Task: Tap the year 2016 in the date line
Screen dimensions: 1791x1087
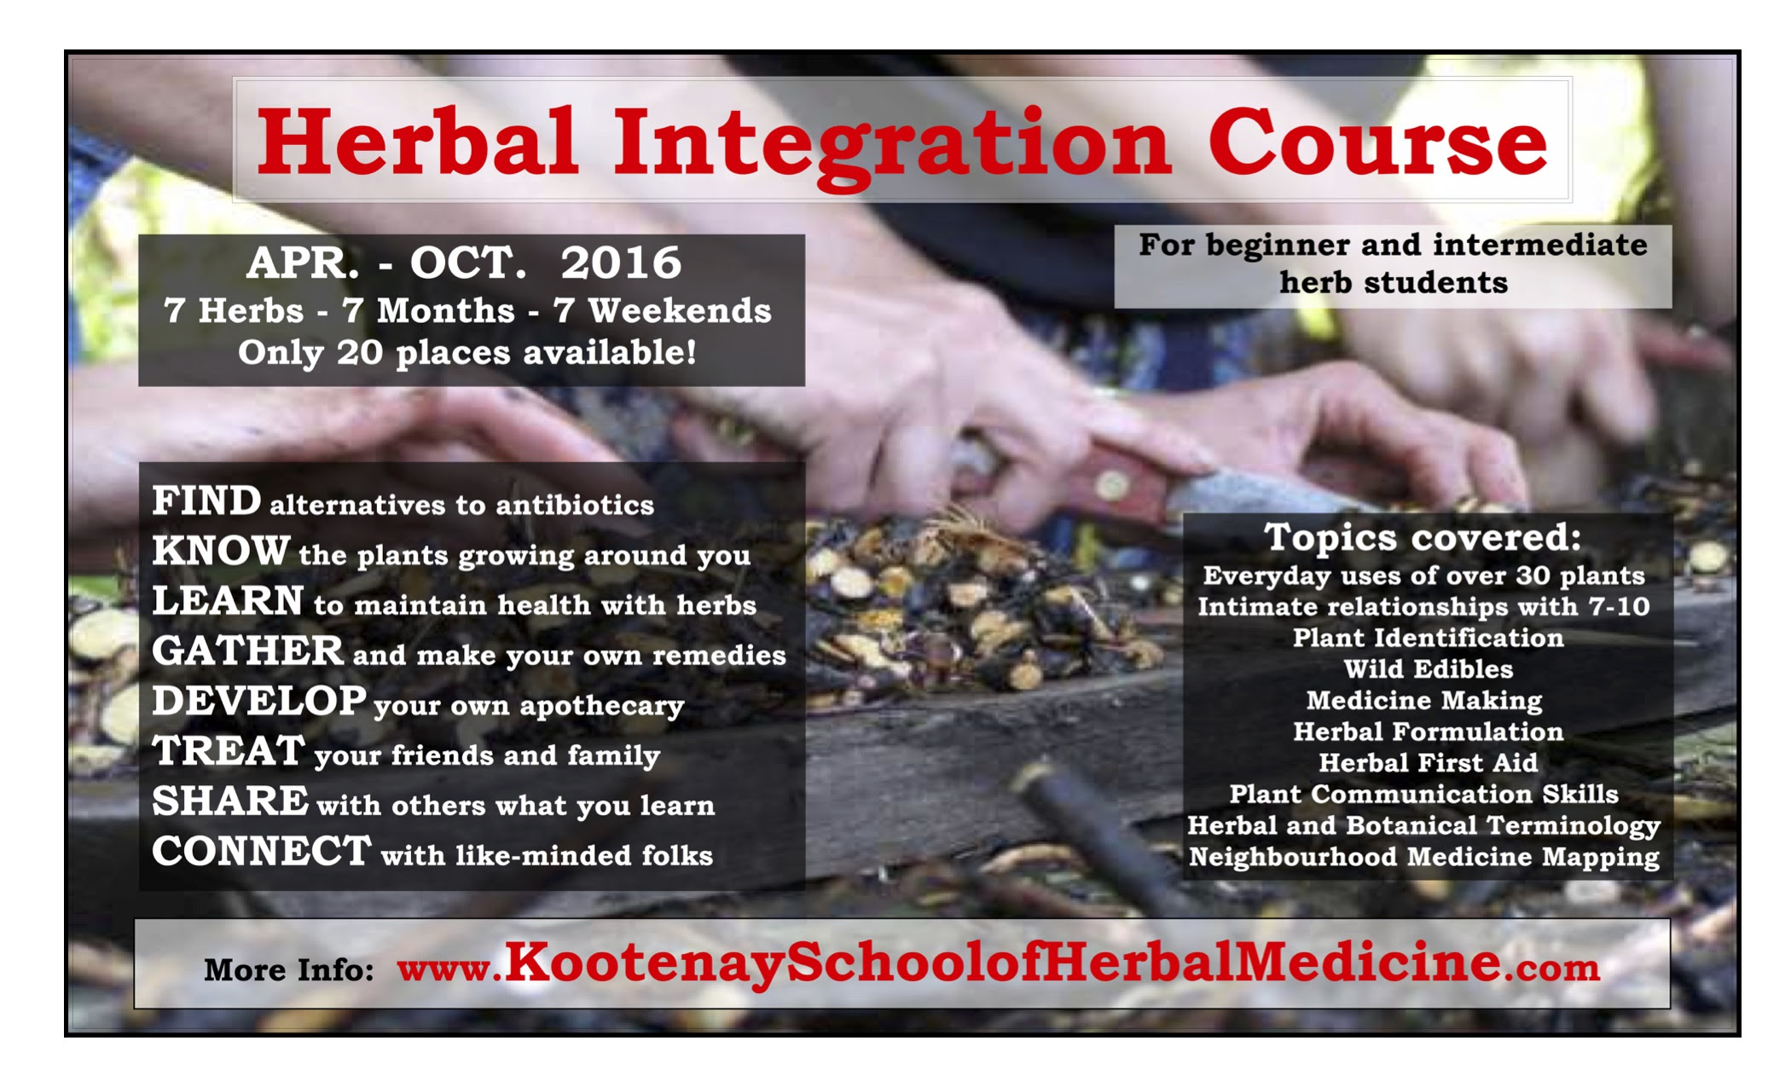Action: pyautogui.click(x=621, y=263)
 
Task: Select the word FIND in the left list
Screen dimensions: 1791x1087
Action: pyautogui.click(x=206, y=500)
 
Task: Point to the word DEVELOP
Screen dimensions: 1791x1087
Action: pyautogui.click(x=259, y=701)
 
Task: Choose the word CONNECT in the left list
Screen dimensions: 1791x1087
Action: pyautogui.click(x=262, y=851)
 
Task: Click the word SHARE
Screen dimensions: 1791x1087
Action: pyautogui.click(x=230, y=801)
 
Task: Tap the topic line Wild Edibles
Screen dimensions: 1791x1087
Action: pyautogui.click(x=1429, y=669)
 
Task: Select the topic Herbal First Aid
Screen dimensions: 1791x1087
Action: pyautogui.click(x=1429, y=763)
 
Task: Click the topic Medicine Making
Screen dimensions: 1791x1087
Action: pyautogui.click(x=1424, y=701)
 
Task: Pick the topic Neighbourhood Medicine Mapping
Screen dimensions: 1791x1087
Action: pyautogui.click(x=1424, y=857)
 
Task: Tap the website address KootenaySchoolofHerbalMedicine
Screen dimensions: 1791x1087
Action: pyautogui.click(x=1003, y=963)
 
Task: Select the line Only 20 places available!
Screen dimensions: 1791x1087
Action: pyautogui.click(x=467, y=352)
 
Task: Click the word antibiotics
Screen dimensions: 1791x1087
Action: pyautogui.click(x=575, y=505)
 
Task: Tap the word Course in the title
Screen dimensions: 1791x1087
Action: pyautogui.click(x=1377, y=143)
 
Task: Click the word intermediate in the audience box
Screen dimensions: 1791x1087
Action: pyautogui.click(x=1540, y=246)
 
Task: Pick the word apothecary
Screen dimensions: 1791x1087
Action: pyautogui.click(x=602, y=706)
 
